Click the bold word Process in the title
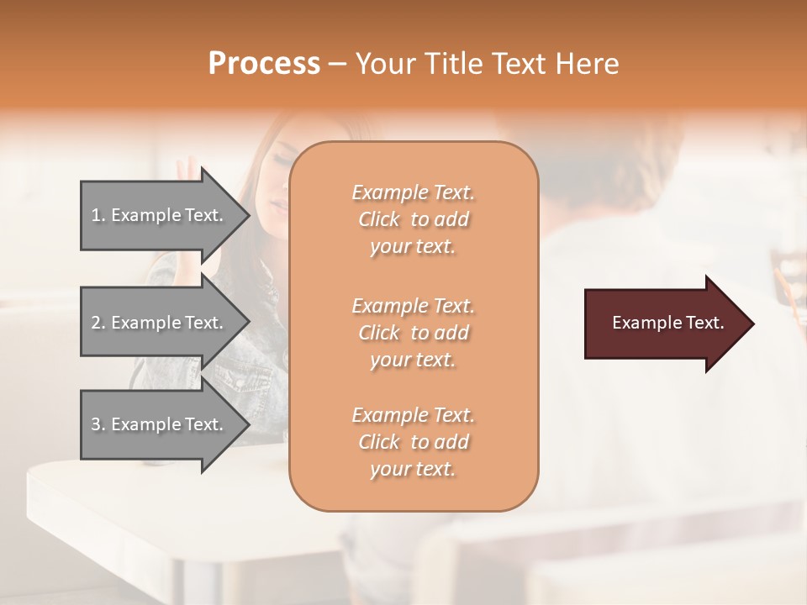click(x=264, y=64)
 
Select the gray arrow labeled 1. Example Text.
click(x=160, y=215)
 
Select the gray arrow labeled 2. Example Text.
click(x=160, y=323)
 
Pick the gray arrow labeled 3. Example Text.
click(x=160, y=424)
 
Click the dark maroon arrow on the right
click(x=664, y=324)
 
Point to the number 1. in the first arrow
click(x=98, y=216)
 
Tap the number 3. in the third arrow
click(x=98, y=425)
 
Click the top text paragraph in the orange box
click(x=413, y=219)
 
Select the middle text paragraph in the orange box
click(x=413, y=333)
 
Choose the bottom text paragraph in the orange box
click(x=413, y=442)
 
